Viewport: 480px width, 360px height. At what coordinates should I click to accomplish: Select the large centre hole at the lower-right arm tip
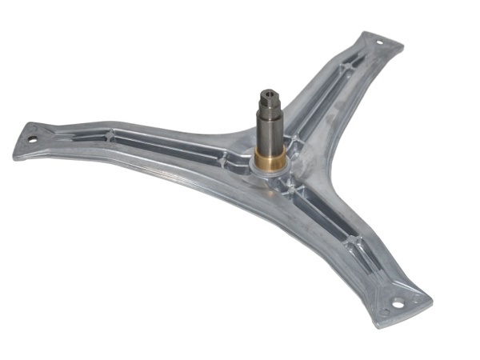point(400,306)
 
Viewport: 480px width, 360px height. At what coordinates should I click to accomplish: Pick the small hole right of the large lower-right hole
point(417,301)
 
